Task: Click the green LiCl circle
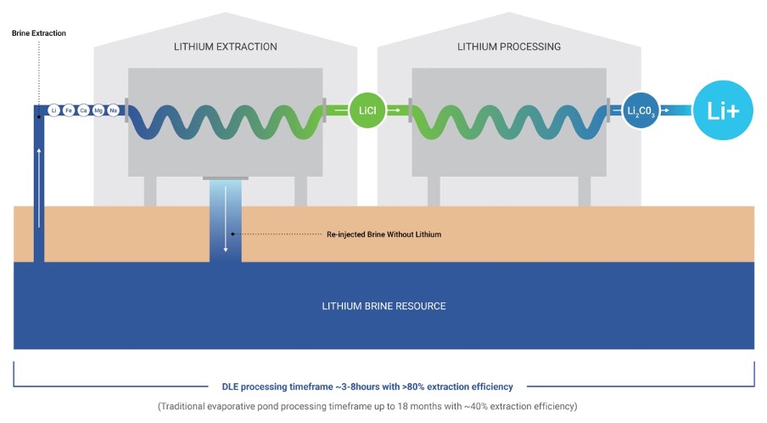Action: (x=367, y=110)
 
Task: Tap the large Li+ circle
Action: (x=723, y=110)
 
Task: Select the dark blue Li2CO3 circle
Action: (x=641, y=110)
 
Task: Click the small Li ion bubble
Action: (x=53, y=110)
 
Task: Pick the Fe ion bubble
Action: (x=69, y=110)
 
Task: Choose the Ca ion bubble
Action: (x=84, y=110)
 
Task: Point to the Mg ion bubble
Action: (x=98, y=110)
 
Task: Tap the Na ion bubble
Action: (x=114, y=110)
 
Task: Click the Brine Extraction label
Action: (x=39, y=33)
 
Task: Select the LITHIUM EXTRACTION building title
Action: (x=226, y=47)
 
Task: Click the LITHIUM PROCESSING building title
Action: (x=509, y=47)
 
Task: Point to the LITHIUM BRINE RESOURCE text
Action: (x=384, y=307)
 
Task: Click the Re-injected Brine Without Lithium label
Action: (x=384, y=234)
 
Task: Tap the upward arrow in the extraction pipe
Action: (x=39, y=188)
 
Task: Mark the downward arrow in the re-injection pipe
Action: (x=226, y=219)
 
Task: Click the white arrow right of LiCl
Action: (x=395, y=110)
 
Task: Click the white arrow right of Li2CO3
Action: (x=665, y=110)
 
